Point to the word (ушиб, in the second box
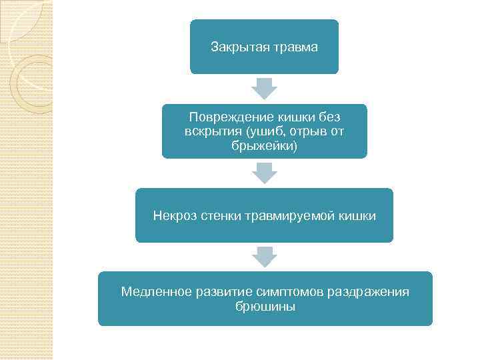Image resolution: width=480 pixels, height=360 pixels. click(x=254, y=131)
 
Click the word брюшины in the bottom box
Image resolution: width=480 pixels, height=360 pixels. click(x=265, y=307)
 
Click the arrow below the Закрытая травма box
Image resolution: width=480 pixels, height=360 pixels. click(x=265, y=89)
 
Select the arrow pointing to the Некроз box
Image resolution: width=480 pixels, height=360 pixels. click(x=265, y=173)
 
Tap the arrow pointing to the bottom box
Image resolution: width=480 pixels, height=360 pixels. click(x=265, y=257)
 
